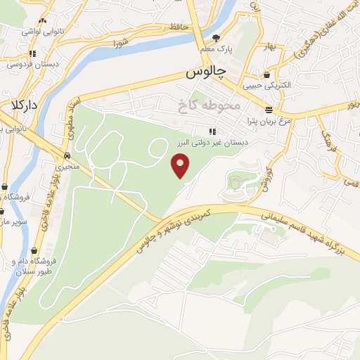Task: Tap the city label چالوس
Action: tap(205, 73)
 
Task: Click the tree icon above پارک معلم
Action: tap(216, 39)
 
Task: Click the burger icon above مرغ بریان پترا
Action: tap(269, 109)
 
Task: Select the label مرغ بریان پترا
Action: tap(257, 121)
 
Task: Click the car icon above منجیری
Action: tap(67, 155)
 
